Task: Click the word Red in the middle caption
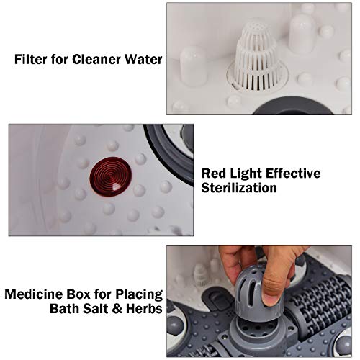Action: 215,174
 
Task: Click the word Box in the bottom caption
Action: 77,294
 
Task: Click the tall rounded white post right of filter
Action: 301,32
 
